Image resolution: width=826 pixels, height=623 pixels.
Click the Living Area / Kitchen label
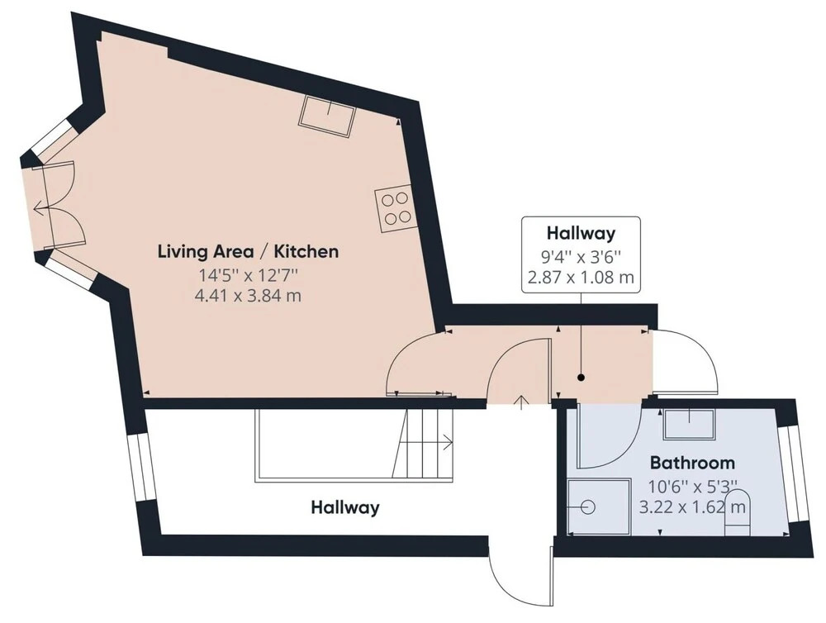pyautogui.click(x=248, y=251)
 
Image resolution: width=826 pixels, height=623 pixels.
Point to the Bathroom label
pyautogui.click(x=692, y=463)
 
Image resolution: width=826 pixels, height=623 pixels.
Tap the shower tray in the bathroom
pyautogui.click(x=599, y=506)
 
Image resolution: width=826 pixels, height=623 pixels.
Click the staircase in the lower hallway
pyautogui.click(x=423, y=443)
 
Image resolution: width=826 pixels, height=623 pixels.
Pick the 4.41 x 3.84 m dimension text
pyautogui.click(x=248, y=296)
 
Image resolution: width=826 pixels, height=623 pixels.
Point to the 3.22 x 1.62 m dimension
pyautogui.click(x=692, y=507)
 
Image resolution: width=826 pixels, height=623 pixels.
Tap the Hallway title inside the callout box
pyautogui.click(x=581, y=232)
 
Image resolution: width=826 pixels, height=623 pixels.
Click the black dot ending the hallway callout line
pyautogui.click(x=581, y=378)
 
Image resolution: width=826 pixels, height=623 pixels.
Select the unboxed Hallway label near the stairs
pyautogui.click(x=345, y=507)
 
